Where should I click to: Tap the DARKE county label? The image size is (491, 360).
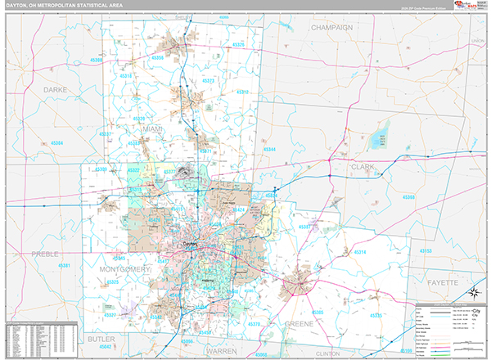tap(32, 90)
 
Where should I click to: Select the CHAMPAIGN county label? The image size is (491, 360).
tap(331, 27)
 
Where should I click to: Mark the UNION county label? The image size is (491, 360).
tap(478, 40)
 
